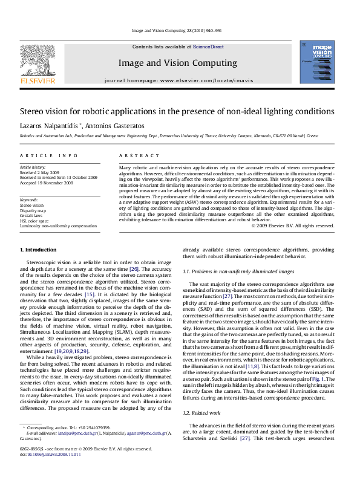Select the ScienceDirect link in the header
[208, 47]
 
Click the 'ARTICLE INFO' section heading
[43, 155]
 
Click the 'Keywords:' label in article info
[29, 199]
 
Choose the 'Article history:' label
[32, 166]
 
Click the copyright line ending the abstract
[292, 225]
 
